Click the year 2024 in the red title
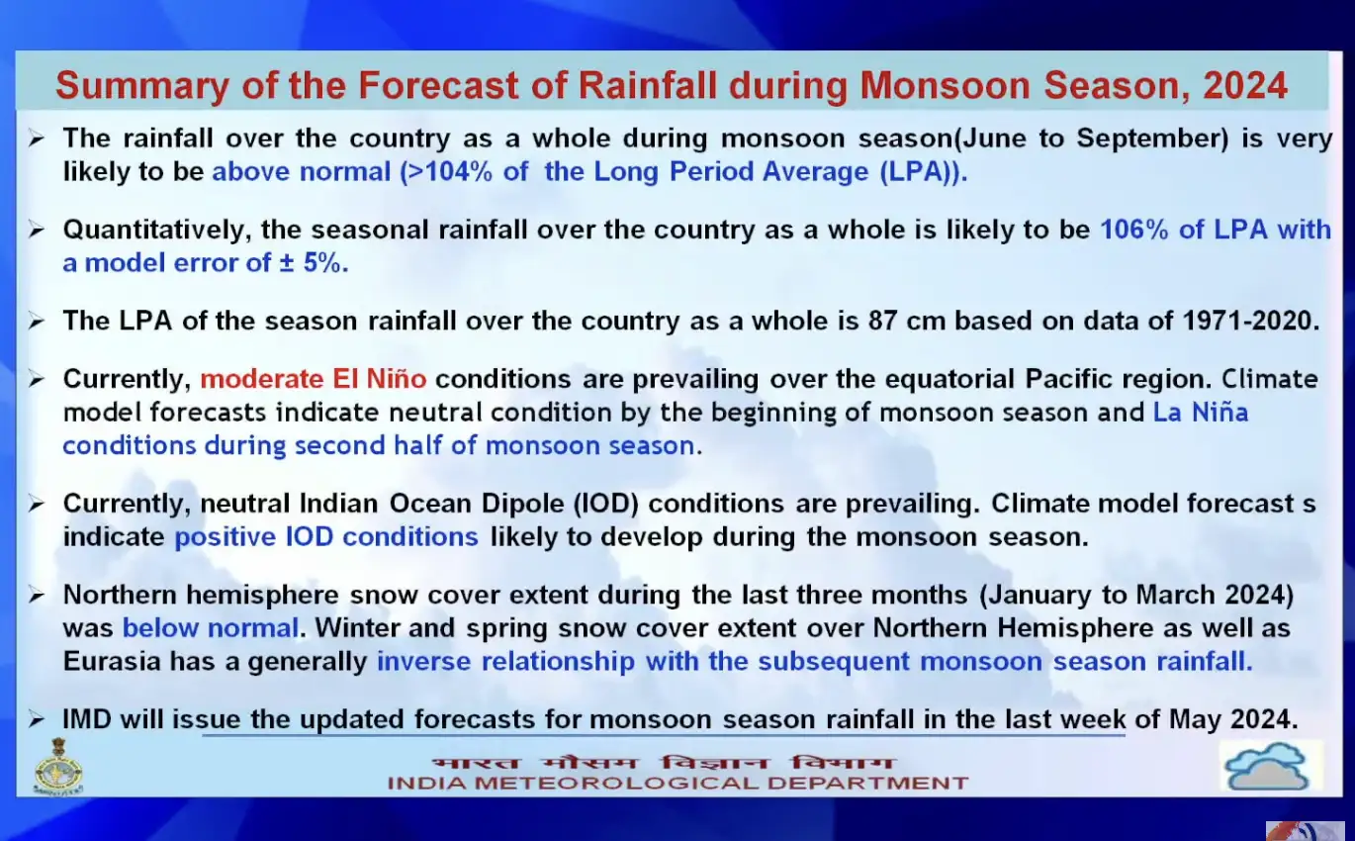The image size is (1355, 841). point(1244,85)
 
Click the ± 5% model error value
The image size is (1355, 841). point(314,263)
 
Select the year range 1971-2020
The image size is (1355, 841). point(1251,322)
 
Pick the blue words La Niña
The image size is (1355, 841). point(1200,412)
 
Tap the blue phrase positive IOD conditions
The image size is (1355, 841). point(326,537)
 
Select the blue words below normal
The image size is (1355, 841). point(210,628)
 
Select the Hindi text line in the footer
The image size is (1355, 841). point(662,763)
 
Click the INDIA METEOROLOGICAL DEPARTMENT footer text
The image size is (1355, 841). point(677,784)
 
